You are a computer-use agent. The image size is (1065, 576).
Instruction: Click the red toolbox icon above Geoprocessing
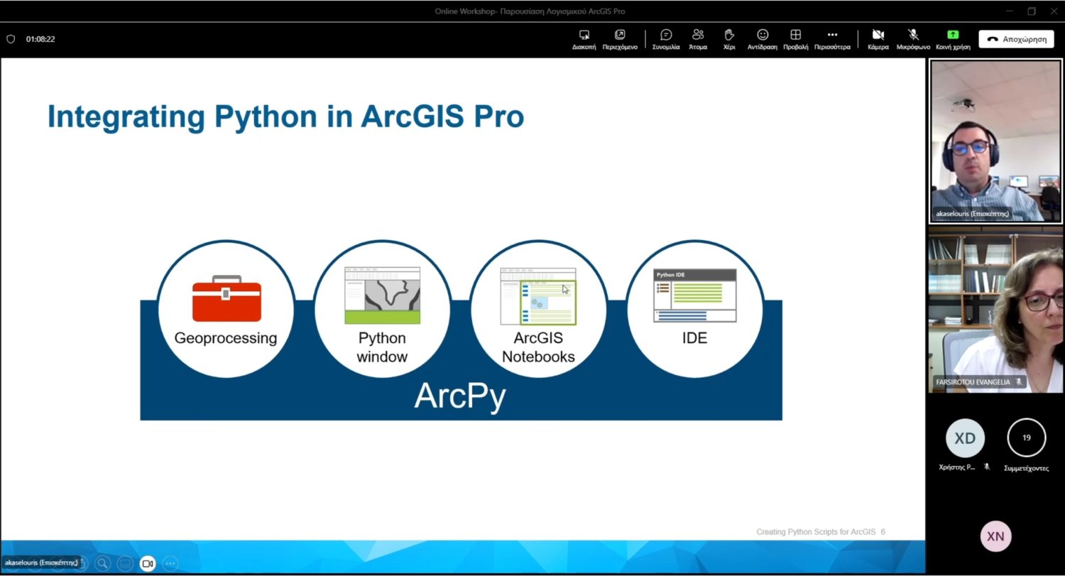pyautogui.click(x=226, y=298)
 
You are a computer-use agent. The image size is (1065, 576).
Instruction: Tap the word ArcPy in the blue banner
pyautogui.click(x=460, y=396)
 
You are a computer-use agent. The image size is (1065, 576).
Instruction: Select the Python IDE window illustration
pyautogui.click(x=694, y=295)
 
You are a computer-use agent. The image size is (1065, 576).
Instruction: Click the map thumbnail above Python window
pyautogui.click(x=382, y=295)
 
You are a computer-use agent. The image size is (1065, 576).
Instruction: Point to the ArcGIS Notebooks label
pyautogui.click(x=538, y=347)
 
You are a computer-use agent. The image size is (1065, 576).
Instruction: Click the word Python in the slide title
pyautogui.click(x=266, y=116)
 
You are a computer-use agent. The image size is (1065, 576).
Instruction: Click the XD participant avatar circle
pyautogui.click(x=965, y=438)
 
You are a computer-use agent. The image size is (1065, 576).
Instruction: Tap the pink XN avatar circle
pyautogui.click(x=995, y=536)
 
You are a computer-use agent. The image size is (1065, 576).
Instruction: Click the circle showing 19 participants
pyautogui.click(x=1027, y=438)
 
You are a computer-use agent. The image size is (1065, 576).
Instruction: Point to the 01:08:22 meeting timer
pyautogui.click(x=40, y=39)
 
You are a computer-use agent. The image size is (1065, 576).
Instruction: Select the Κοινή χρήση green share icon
pyautogui.click(x=953, y=34)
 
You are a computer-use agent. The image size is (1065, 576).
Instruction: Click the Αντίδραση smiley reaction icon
pyautogui.click(x=763, y=35)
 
